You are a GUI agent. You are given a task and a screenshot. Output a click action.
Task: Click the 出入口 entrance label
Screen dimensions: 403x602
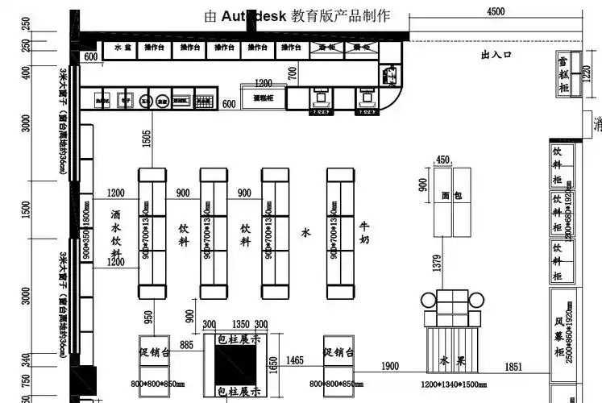[x=496, y=55]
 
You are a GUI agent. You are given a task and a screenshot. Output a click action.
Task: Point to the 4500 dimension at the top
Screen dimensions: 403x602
[x=495, y=11]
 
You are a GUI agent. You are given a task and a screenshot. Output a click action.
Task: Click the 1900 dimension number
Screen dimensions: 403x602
[x=390, y=367]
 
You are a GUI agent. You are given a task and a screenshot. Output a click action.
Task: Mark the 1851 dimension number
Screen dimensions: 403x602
[x=513, y=367]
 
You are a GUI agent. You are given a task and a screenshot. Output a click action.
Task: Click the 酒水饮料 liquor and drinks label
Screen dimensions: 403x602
[x=116, y=235]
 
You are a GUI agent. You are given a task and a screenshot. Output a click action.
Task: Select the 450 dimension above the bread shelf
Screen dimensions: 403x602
[x=442, y=159]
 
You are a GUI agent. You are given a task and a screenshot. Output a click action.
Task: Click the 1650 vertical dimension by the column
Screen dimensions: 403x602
[x=272, y=367]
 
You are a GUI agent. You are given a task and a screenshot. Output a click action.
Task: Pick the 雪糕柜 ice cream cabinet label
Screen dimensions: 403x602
[x=563, y=73]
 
